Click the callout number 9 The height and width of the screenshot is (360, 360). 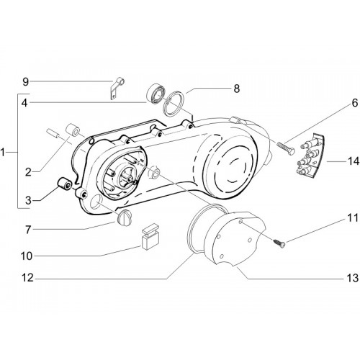pos(25,82)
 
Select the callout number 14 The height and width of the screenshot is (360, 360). pos(354,161)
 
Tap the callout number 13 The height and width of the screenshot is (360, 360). pos(352,278)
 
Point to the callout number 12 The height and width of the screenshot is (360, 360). pos(28,278)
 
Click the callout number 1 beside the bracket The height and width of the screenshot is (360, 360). pos(3,152)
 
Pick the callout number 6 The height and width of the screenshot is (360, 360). pos(355,103)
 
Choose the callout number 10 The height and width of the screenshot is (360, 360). pos(27,256)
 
